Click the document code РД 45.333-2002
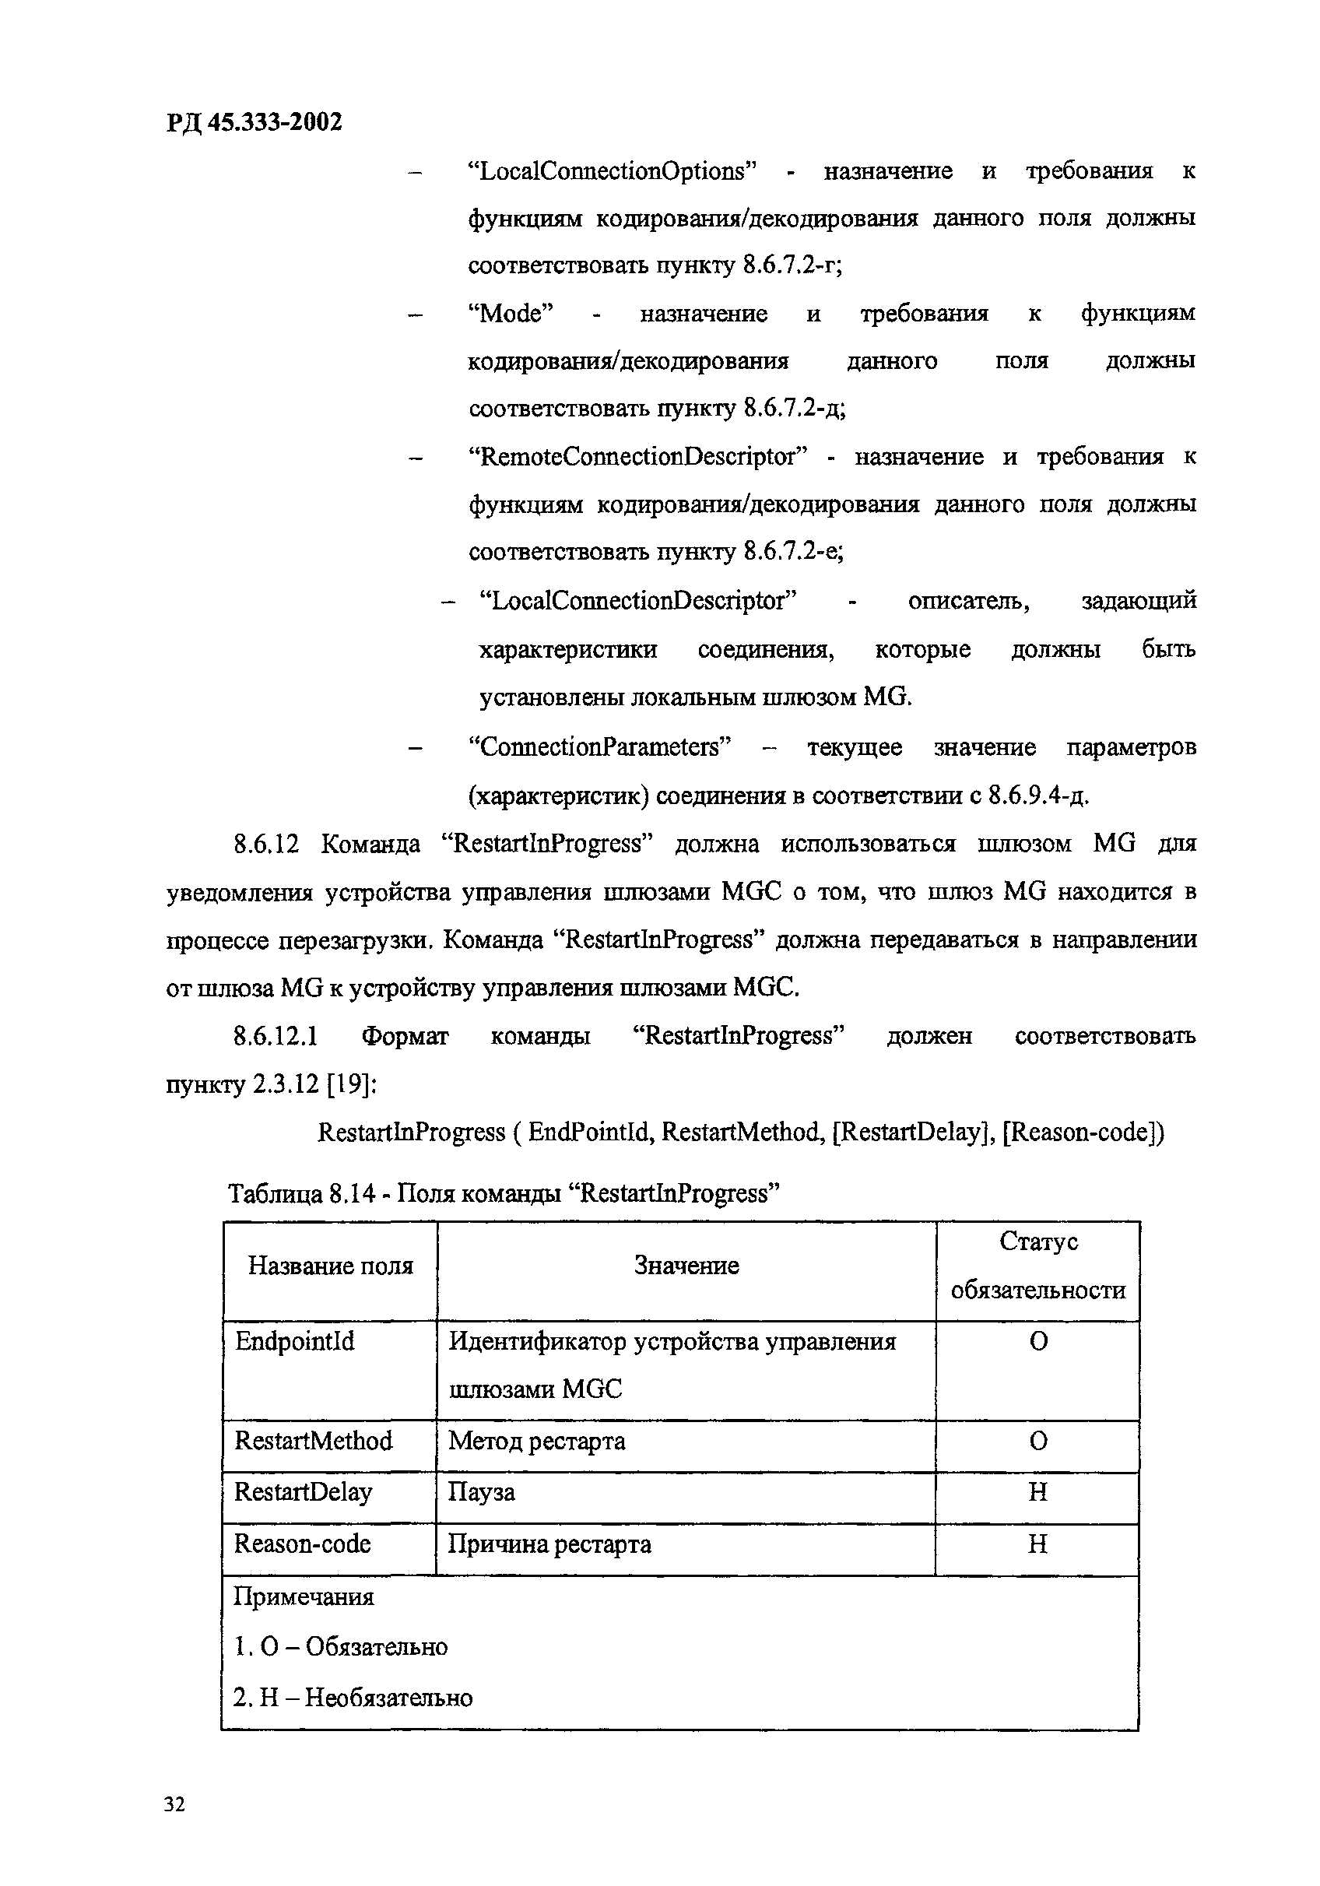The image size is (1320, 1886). pos(255,123)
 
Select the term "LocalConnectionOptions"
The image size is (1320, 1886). pos(611,172)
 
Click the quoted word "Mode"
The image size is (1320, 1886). pos(510,314)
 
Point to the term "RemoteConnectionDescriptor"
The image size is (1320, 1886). pos(638,457)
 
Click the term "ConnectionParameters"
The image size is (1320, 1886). pos(599,747)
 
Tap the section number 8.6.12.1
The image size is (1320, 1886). pos(276,1037)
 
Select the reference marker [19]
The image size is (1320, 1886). pos(351,1085)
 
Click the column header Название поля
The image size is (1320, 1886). pos(330,1266)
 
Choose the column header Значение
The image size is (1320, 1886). pos(686,1266)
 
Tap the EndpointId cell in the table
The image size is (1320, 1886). pos(294,1341)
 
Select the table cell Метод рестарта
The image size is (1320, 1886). pos(536,1441)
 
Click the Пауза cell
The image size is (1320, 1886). pos(481,1491)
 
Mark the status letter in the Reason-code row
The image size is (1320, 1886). pos(1037,1544)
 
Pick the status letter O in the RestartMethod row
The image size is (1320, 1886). pos(1037,1441)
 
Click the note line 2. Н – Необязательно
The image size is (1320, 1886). pos(353,1697)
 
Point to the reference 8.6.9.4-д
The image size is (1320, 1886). pos(1037,796)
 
